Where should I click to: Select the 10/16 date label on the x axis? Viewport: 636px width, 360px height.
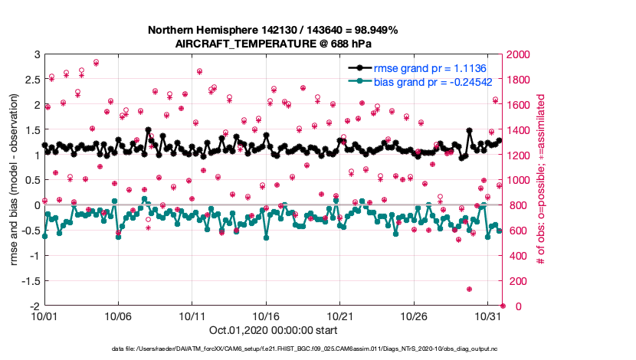click(x=267, y=316)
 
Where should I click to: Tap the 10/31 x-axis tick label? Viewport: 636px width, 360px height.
click(x=488, y=316)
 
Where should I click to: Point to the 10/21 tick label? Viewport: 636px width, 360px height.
click(x=340, y=316)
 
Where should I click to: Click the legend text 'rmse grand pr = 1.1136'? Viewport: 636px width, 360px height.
click(x=431, y=69)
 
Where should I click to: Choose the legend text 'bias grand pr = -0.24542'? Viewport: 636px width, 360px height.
click(x=435, y=81)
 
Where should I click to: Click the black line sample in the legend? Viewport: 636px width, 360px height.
click(x=357, y=69)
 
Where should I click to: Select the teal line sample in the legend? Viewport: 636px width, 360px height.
click(x=357, y=81)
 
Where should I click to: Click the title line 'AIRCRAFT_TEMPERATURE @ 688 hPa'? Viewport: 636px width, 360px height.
click(x=273, y=44)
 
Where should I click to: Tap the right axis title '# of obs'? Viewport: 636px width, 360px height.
click(x=540, y=181)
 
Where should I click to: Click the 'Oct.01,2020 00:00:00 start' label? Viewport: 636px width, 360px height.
click(x=273, y=331)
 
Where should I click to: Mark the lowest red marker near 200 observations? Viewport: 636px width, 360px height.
click(x=469, y=290)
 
